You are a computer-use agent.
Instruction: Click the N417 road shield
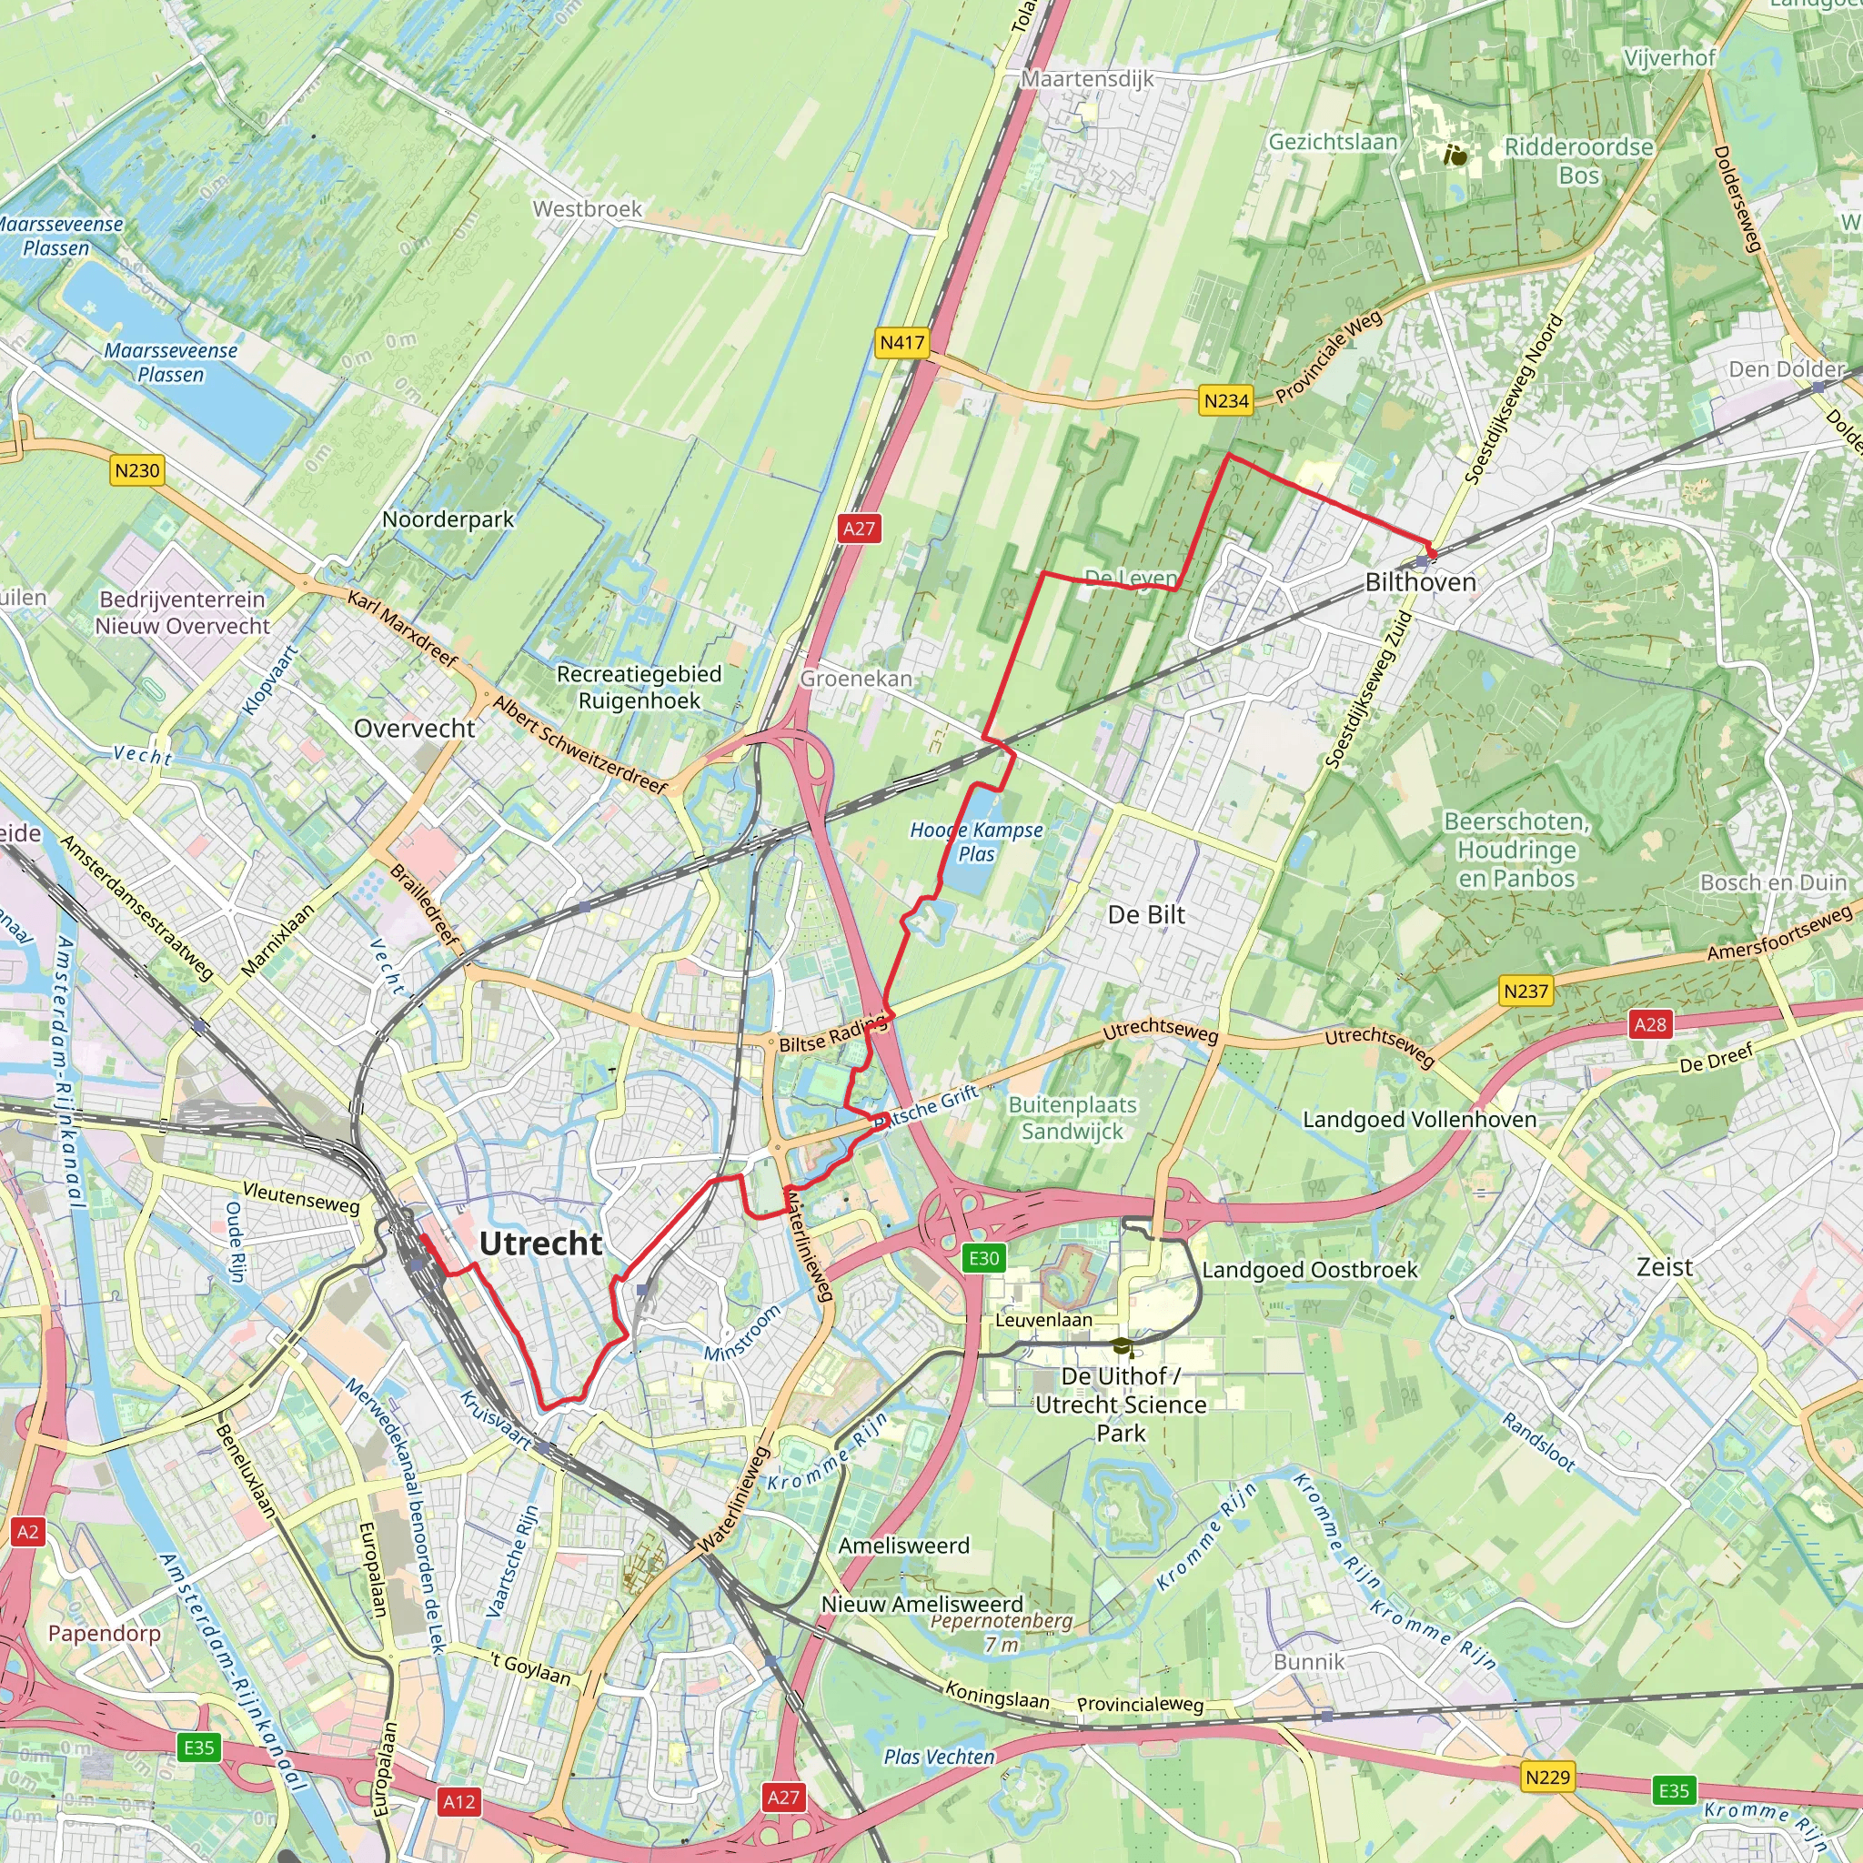[x=901, y=342]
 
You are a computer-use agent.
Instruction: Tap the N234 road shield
[x=1225, y=400]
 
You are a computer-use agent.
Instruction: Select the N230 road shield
[x=137, y=470]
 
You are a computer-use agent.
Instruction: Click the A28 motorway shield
[x=1649, y=1024]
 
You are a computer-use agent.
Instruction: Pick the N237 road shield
[x=1526, y=991]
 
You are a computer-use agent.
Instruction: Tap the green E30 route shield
[x=983, y=1257]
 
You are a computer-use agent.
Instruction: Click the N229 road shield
[x=1547, y=1777]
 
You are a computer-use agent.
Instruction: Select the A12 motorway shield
[x=459, y=1801]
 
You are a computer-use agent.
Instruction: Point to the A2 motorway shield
[x=28, y=1531]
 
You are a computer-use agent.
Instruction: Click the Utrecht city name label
[x=540, y=1244]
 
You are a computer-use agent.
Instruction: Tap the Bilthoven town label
[x=1420, y=582]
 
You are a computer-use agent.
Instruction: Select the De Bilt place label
[x=1145, y=914]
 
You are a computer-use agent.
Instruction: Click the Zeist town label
[x=1665, y=1267]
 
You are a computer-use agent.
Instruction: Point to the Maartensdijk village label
[x=1087, y=79]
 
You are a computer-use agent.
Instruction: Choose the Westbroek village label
[x=588, y=208]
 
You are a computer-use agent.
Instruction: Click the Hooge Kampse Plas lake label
[x=976, y=841]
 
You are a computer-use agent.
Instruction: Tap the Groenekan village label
[x=855, y=678]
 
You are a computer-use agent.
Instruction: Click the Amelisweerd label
[x=903, y=1546]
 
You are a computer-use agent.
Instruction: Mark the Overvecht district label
[x=415, y=728]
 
